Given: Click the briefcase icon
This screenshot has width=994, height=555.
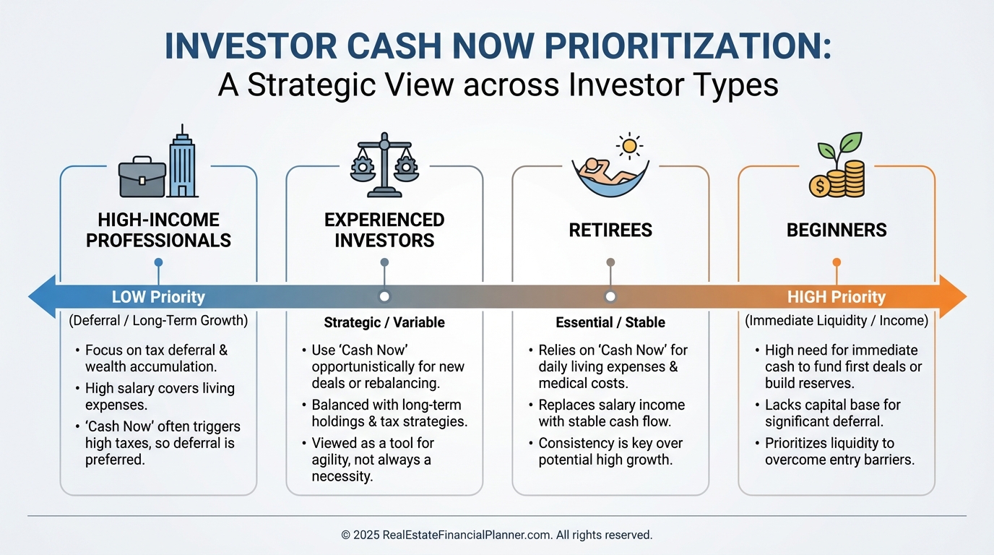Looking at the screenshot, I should (141, 178).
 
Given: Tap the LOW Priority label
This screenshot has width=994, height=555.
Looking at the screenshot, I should (158, 297).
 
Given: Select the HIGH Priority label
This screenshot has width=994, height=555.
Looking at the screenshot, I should (836, 297).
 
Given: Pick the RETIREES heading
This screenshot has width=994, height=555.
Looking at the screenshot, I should (610, 231).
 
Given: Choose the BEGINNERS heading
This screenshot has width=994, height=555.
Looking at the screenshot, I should (837, 231).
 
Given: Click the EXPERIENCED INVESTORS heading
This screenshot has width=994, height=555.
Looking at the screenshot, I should (384, 230).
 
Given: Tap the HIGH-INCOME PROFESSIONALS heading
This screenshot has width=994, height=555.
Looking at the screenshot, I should (158, 230).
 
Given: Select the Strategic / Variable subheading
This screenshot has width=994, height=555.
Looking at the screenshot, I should (384, 322).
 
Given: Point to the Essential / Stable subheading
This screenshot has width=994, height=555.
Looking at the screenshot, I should (610, 322).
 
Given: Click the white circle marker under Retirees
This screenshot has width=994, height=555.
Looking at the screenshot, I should (610, 296).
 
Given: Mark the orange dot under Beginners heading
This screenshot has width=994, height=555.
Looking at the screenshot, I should (837, 262).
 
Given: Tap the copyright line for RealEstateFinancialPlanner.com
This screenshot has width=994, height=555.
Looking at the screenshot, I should (497, 535).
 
